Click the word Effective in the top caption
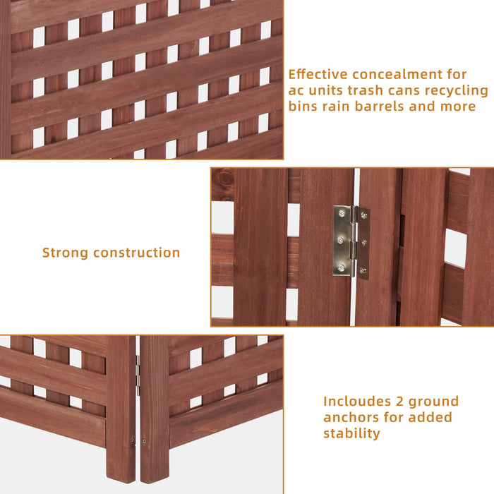[x=316, y=74]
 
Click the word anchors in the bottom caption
[x=351, y=417]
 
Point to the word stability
[x=351, y=433]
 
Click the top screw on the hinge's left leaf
[x=342, y=213]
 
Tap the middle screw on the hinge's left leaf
[x=342, y=240]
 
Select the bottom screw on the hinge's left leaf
[x=342, y=267]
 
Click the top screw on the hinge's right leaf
[x=363, y=215]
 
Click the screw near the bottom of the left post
[x=132, y=442]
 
